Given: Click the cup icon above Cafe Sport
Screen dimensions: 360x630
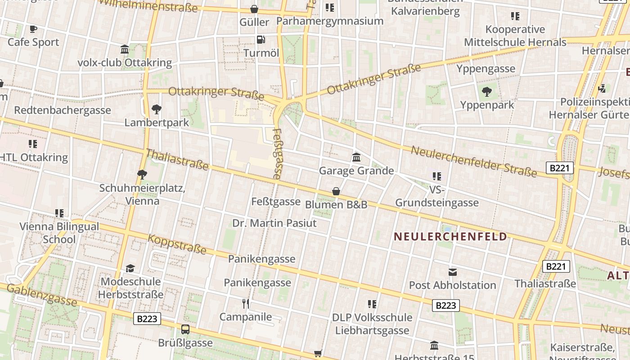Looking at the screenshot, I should pos(33,29).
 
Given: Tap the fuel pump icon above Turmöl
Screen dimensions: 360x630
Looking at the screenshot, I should pos(261,40).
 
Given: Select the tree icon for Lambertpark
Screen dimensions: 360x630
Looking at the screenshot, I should pos(156,109).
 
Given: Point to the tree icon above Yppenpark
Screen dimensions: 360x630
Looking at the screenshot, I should pos(486,92).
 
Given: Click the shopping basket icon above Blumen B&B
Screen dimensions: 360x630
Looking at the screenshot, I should pos(336,191).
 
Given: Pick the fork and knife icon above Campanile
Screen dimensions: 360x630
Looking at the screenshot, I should pos(246,303).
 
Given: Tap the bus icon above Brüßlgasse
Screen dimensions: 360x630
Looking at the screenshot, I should pos(185,329).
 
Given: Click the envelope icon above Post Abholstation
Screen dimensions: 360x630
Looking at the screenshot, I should pos(452,272).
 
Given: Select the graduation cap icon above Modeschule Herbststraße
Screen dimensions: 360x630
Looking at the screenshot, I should pos(130,269).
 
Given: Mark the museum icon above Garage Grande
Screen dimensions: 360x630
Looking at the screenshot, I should pos(356,157).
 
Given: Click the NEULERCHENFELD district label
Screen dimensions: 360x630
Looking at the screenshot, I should pos(450,237).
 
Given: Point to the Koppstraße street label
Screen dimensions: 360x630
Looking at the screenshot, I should pos(177,244).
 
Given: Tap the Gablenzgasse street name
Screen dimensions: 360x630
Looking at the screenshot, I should pos(41,295).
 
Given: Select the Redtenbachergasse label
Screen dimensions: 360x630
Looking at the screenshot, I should pos(63,110).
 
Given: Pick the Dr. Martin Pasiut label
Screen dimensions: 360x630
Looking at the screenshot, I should pos(274,223).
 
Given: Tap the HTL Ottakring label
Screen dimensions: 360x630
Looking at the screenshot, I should pos(34,157).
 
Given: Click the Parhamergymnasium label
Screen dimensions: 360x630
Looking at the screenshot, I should pos(329,21).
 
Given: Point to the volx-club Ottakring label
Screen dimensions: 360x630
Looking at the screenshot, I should pos(125,63).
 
